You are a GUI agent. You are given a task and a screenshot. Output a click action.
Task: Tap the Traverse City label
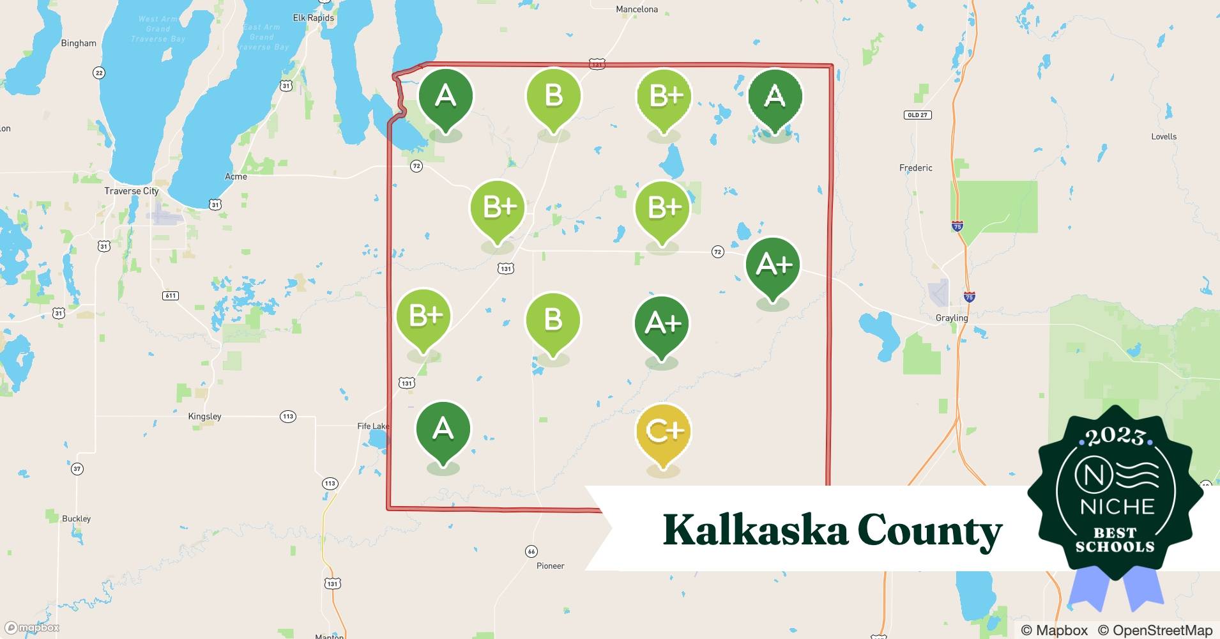coord(132,191)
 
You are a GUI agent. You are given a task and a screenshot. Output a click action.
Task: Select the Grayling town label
coord(952,318)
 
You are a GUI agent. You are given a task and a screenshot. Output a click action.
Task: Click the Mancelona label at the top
coord(636,10)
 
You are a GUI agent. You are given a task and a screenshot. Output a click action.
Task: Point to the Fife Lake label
coord(373,426)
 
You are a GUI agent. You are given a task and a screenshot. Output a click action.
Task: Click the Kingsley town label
coord(204,416)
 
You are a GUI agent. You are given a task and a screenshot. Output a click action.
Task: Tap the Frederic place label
coord(915,168)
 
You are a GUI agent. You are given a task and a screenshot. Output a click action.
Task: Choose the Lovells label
coord(1164,137)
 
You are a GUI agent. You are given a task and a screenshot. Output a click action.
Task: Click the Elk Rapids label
coord(313,18)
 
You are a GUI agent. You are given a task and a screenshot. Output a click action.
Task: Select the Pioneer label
coord(550,566)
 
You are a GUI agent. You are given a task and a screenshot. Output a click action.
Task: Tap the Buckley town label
coord(76,518)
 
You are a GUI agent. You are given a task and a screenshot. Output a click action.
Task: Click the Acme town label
coord(236,176)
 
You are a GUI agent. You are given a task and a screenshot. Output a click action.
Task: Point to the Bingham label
coord(79,43)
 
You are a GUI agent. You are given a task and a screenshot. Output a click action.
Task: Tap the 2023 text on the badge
coord(1115,436)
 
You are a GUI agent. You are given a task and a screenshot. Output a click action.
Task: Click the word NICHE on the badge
coord(1117,507)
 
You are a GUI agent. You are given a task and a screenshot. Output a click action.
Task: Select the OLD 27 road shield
coord(918,115)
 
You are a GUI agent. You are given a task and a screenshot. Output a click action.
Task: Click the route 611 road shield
coord(171,295)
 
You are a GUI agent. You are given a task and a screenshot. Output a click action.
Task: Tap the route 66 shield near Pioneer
coord(531,551)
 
